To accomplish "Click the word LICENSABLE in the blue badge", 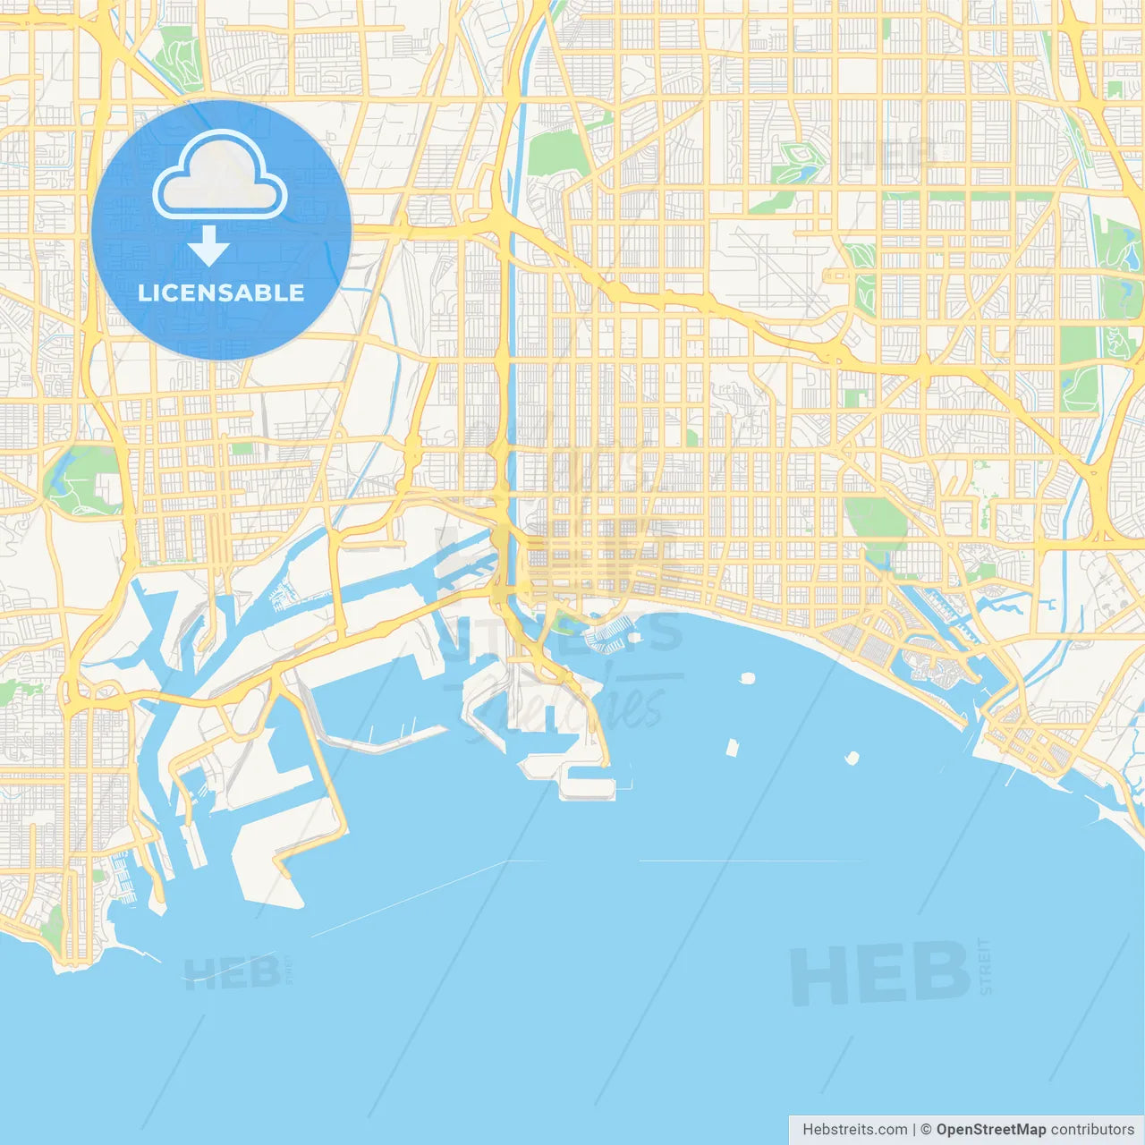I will click(x=221, y=293).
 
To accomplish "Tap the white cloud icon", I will click(x=220, y=176).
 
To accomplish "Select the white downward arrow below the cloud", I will click(x=208, y=246).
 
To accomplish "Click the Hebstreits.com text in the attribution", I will click(x=854, y=1130).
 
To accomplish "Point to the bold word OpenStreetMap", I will click(x=990, y=1130).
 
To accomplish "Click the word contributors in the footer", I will click(x=1091, y=1130).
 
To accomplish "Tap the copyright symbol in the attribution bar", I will click(x=926, y=1130).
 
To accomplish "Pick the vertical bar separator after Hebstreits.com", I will click(x=914, y=1130).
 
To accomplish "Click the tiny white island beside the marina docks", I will click(x=634, y=638).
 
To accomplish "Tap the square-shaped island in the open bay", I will click(x=733, y=747).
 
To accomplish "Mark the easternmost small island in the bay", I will click(x=851, y=759).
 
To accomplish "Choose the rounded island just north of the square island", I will click(x=747, y=678).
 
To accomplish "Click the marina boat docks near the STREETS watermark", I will click(x=605, y=636).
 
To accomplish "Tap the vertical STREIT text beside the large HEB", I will click(x=985, y=966).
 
